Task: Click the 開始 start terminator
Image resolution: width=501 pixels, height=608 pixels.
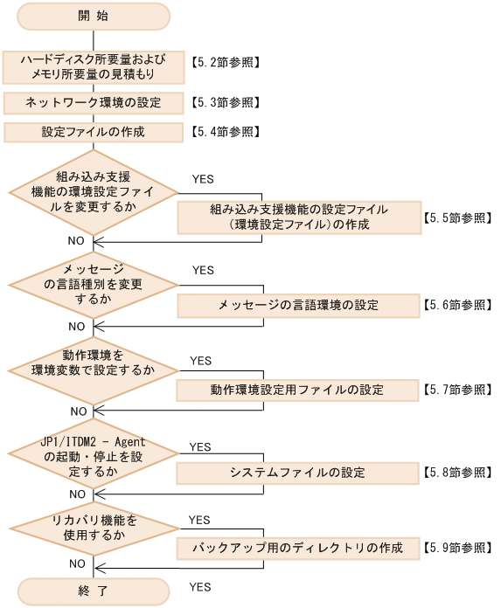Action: [94, 16]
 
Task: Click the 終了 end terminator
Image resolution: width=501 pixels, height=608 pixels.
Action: [94, 591]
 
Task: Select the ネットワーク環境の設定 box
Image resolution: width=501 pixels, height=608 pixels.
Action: [94, 102]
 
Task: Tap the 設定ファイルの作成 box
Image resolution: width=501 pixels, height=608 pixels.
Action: [94, 132]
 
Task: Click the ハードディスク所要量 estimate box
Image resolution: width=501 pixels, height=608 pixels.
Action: [94, 66]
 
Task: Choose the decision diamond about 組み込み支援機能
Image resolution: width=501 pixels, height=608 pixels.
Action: [94, 194]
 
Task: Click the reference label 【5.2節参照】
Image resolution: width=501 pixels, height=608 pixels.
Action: [225, 64]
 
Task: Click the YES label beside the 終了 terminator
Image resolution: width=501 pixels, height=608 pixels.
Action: [199, 587]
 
